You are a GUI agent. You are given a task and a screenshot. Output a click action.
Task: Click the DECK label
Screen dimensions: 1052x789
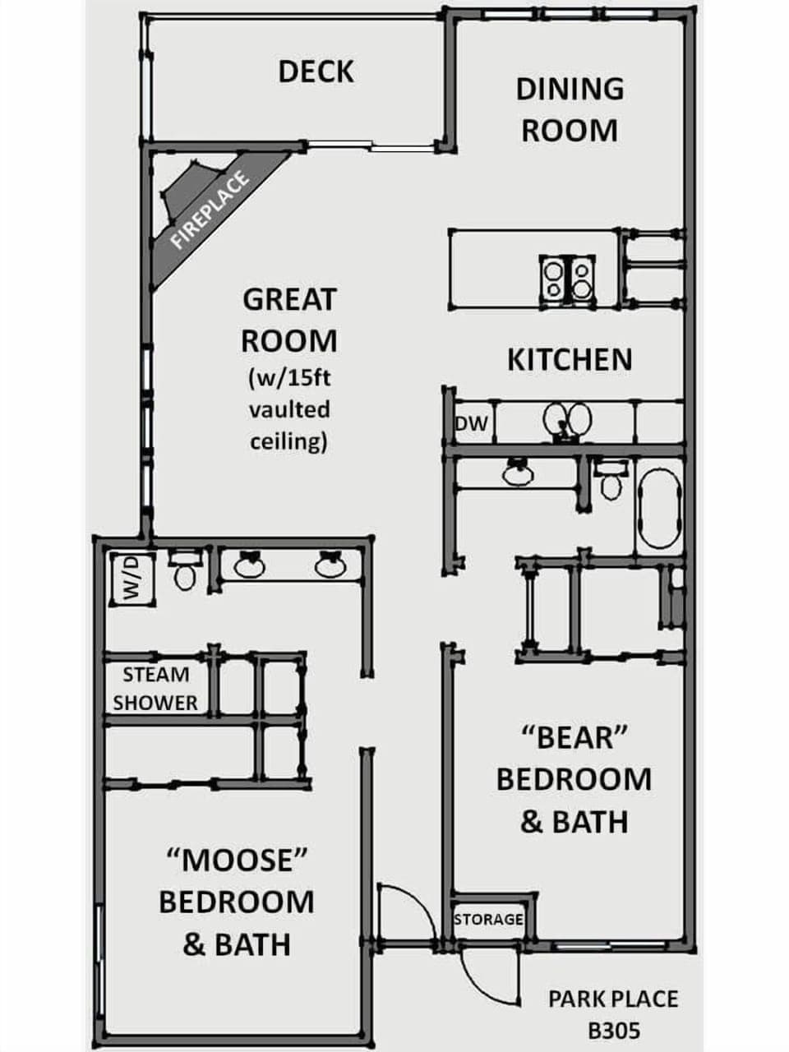316,72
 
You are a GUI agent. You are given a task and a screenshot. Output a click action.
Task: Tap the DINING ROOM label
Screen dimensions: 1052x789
570,109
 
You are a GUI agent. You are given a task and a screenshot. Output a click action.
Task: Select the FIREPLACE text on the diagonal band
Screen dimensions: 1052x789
210,210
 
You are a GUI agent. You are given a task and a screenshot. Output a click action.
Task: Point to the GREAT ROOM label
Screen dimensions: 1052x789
289,320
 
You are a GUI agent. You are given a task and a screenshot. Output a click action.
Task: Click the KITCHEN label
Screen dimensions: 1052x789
570,360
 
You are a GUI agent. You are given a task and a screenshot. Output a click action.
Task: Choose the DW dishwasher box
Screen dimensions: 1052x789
472,423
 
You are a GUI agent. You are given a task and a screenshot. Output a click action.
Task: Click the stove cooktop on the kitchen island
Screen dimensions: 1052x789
568,279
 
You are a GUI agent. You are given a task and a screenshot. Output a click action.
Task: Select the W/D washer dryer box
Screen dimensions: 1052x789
131,579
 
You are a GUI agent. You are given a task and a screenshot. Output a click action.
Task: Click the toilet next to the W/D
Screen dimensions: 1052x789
184,572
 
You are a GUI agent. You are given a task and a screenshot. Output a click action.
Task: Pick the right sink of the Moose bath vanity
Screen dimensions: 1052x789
329,565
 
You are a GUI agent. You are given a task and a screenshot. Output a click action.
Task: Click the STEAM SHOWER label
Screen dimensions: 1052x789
156,689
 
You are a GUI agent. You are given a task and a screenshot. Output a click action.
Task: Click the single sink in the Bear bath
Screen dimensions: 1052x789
518,472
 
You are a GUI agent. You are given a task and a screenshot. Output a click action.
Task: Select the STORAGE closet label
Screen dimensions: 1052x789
488,919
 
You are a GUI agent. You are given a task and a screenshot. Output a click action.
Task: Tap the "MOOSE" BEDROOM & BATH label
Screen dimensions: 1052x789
237,902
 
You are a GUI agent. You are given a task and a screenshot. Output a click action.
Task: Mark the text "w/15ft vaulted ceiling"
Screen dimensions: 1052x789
289,409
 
